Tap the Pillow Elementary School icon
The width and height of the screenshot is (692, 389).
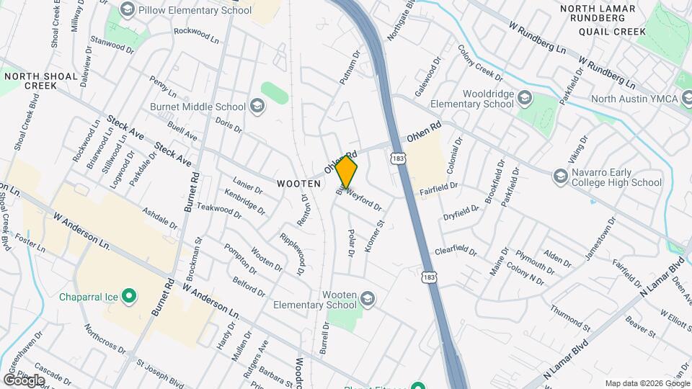128,9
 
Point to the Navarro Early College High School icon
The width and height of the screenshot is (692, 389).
560,176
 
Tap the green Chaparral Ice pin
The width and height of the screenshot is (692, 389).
129,295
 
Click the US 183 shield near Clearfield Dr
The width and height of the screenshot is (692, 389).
430,277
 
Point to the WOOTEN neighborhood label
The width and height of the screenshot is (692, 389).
298,184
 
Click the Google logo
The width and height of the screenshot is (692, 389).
24,380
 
